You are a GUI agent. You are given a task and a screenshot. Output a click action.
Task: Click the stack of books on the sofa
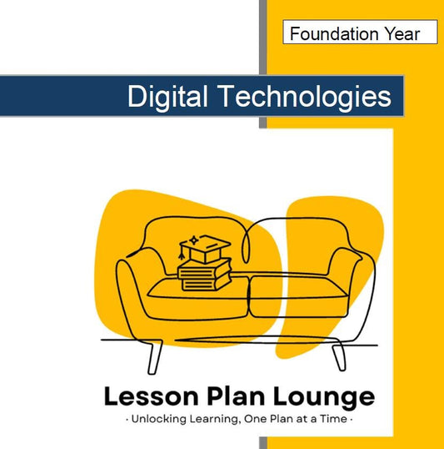click(205, 270)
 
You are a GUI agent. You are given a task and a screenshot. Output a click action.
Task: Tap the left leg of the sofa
click(153, 356)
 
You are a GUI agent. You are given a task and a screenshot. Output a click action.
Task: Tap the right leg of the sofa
click(337, 356)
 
